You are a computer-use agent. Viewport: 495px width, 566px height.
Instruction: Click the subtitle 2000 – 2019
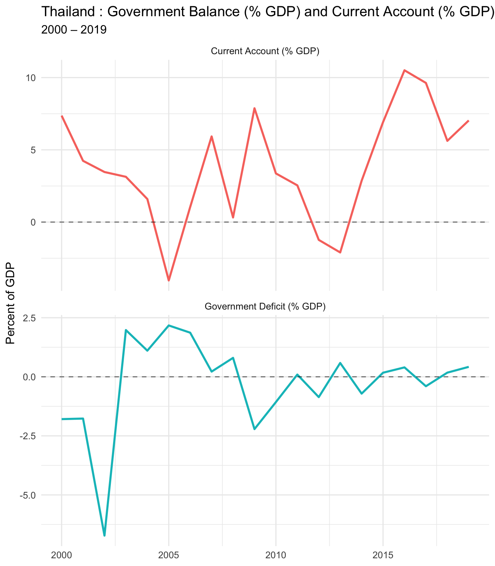[74, 30]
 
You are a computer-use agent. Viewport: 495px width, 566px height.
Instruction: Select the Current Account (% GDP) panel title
[265, 51]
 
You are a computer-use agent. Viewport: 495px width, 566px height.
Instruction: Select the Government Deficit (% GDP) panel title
[265, 307]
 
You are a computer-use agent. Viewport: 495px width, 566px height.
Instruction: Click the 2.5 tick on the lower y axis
[28, 318]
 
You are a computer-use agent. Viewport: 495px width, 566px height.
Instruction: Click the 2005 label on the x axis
[169, 555]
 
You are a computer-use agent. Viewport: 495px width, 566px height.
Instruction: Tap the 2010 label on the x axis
[275, 555]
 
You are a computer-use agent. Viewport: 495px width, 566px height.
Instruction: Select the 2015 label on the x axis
[383, 555]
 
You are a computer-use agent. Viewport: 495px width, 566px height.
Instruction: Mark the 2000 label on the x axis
[62, 555]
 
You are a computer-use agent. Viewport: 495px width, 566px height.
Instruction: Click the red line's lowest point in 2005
[169, 280]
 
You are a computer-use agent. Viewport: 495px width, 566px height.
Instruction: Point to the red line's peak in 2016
[404, 70]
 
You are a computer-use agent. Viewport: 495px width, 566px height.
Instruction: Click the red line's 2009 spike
[254, 108]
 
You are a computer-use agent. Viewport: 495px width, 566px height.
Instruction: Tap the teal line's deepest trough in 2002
[105, 535]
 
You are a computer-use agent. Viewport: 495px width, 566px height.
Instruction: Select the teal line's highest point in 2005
[169, 325]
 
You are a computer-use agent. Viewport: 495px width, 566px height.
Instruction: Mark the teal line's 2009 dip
[254, 429]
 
